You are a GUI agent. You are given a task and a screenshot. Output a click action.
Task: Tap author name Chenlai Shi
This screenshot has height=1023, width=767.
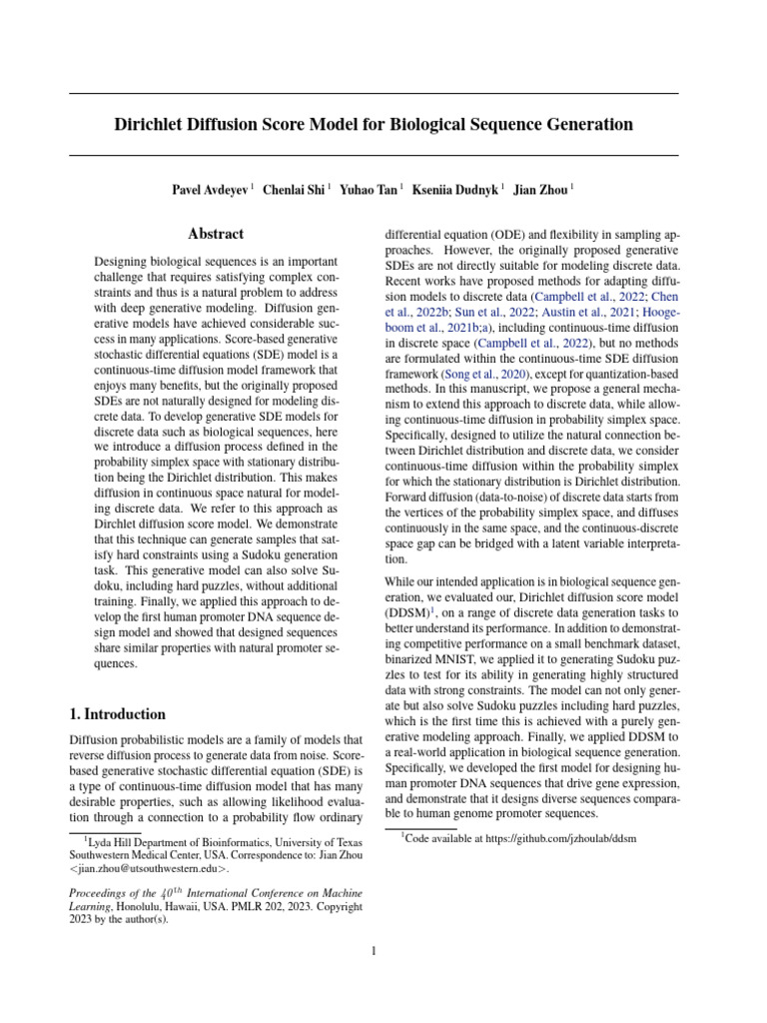point(294,189)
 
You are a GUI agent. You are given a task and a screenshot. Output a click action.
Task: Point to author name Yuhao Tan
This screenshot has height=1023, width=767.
point(369,189)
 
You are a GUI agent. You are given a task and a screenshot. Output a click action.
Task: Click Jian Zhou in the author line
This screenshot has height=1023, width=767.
point(540,189)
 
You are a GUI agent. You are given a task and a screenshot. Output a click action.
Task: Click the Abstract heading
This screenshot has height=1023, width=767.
point(216,234)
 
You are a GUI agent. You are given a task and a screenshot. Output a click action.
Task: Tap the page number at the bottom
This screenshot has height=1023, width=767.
point(374,951)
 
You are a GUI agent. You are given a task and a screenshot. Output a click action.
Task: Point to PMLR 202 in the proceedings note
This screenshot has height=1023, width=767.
point(251,906)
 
